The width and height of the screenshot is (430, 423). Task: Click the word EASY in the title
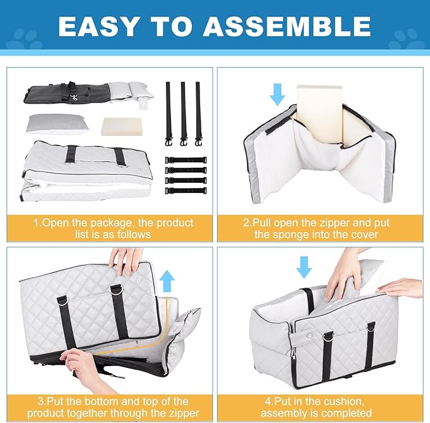98,27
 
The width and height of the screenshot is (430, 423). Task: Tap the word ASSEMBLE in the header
287,27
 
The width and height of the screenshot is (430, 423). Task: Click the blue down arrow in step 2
277,94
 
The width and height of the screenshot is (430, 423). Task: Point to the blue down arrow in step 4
304,267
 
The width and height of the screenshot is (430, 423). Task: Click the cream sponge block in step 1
122,126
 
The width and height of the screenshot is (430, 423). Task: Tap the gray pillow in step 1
55,125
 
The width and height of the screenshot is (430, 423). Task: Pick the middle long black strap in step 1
183,114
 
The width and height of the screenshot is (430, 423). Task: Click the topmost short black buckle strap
186,160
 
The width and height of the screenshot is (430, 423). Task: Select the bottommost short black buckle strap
186,190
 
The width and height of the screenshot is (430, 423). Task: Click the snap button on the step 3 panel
138,281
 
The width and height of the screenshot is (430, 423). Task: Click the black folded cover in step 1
66,92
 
